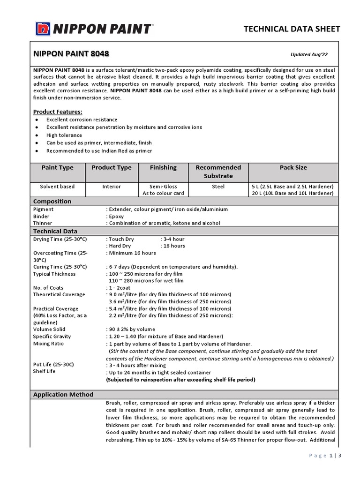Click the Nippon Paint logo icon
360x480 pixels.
coord(43,29)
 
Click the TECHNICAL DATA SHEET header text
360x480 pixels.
coord(292,29)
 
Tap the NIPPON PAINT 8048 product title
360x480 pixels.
coord(71,54)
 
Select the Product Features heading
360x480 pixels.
coord(58,112)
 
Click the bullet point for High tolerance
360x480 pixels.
coord(37,135)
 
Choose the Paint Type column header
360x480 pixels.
coord(58,167)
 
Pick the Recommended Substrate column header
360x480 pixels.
coord(218,172)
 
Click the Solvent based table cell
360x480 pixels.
coord(58,187)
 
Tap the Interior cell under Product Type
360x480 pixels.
coord(112,187)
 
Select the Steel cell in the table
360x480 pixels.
coord(218,187)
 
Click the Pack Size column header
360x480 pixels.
coord(293,167)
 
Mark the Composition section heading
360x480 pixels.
coord(52,202)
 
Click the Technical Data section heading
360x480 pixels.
coord(55,231)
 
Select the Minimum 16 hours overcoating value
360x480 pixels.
coord(133,253)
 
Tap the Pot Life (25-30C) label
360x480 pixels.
coord(54,364)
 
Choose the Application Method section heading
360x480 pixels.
coord(63,395)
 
